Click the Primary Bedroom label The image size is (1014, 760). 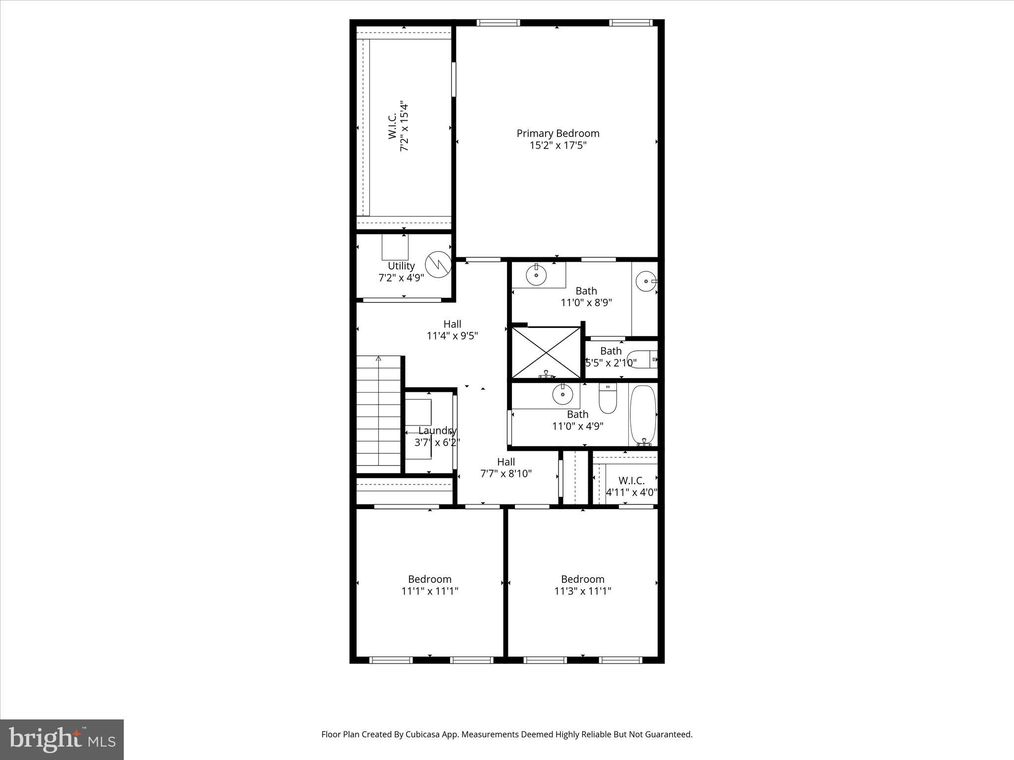coord(558,134)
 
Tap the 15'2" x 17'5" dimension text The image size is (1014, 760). coord(558,145)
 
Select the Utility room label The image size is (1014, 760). coord(401,266)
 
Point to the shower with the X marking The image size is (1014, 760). coord(546,352)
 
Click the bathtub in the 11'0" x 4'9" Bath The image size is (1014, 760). coord(643,415)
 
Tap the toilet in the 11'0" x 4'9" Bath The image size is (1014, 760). coord(608,399)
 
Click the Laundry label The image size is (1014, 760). coord(437,431)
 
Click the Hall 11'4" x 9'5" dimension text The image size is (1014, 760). coord(452,336)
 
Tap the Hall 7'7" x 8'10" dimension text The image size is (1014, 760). coord(506,474)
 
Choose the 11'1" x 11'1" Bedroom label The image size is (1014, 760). coord(430,579)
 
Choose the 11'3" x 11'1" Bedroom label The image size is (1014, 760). coord(583,579)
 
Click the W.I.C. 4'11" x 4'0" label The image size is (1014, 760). coord(631,481)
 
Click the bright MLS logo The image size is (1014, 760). coord(62,739)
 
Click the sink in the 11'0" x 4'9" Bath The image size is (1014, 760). coord(562,394)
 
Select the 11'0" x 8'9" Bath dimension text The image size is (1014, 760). coord(586,303)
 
